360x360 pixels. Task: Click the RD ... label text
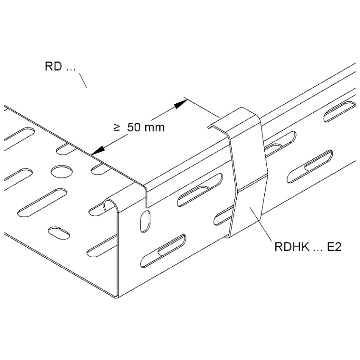(x=60, y=66)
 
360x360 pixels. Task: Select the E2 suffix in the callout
(x=334, y=247)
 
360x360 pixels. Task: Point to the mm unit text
(x=155, y=128)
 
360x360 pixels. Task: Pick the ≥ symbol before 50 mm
(x=117, y=127)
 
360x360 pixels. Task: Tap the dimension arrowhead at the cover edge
(x=98, y=151)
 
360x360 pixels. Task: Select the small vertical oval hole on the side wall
(x=146, y=221)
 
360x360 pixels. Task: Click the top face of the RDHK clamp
(x=234, y=120)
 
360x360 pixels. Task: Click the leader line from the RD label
(x=83, y=80)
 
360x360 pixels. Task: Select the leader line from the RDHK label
(x=261, y=224)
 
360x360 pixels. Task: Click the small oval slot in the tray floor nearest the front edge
(x=59, y=233)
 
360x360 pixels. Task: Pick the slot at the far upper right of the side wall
(x=339, y=112)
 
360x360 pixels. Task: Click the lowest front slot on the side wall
(x=163, y=251)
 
